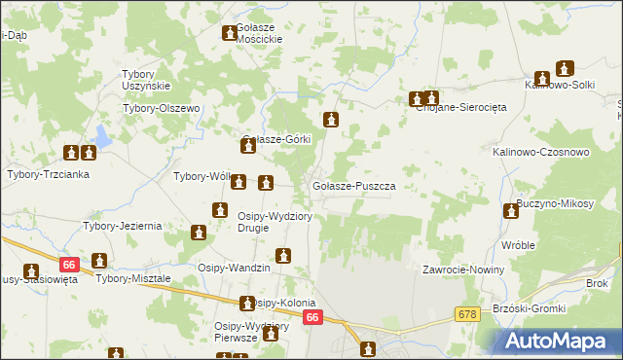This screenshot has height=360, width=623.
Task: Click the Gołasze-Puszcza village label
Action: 352,185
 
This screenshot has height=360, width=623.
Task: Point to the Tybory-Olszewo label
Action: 161,108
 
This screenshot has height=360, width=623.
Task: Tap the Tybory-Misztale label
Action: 133,278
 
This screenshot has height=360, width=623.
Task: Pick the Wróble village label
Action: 519,245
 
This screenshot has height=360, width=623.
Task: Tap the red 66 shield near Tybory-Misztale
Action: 67,264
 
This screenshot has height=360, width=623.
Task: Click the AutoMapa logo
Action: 560,342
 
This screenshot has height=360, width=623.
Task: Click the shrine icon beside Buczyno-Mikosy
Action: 510,211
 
